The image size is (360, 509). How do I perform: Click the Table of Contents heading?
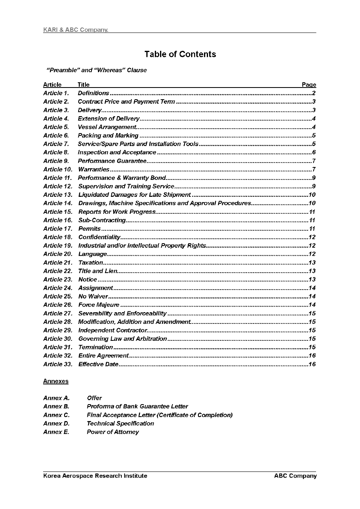pyautogui.click(x=180, y=54)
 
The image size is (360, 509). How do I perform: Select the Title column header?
pyautogui.click(x=83, y=85)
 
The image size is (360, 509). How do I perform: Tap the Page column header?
pyautogui.click(x=309, y=85)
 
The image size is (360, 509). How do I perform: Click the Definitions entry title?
pyautogui.click(x=93, y=93)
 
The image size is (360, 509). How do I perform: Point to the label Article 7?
pyautogui.click(x=56, y=144)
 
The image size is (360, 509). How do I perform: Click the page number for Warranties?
pyautogui.click(x=314, y=169)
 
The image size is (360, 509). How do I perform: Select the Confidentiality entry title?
pyautogui.click(x=99, y=237)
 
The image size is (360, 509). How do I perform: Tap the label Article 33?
pyautogui.click(x=58, y=364)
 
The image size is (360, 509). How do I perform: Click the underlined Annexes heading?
pyautogui.click(x=56, y=381)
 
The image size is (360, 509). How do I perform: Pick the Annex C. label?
pyautogui.click(x=56, y=415)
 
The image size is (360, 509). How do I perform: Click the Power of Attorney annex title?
pyautogui.click(x=113, y=432)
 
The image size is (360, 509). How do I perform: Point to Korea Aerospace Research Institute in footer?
pyautogui.click(x=95, y=476)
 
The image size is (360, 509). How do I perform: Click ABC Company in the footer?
pyautogui.click(x=295, y=476)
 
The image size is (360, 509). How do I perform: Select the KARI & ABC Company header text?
pyautogui.click(x=75, y=30)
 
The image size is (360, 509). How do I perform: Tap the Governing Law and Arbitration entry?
pyautogui.click(x=123, y=339)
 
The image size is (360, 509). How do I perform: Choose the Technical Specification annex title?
pyautogui.click(x=121, y=423)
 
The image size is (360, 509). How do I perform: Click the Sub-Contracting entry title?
pyautogui.click(x=102, y=220)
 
